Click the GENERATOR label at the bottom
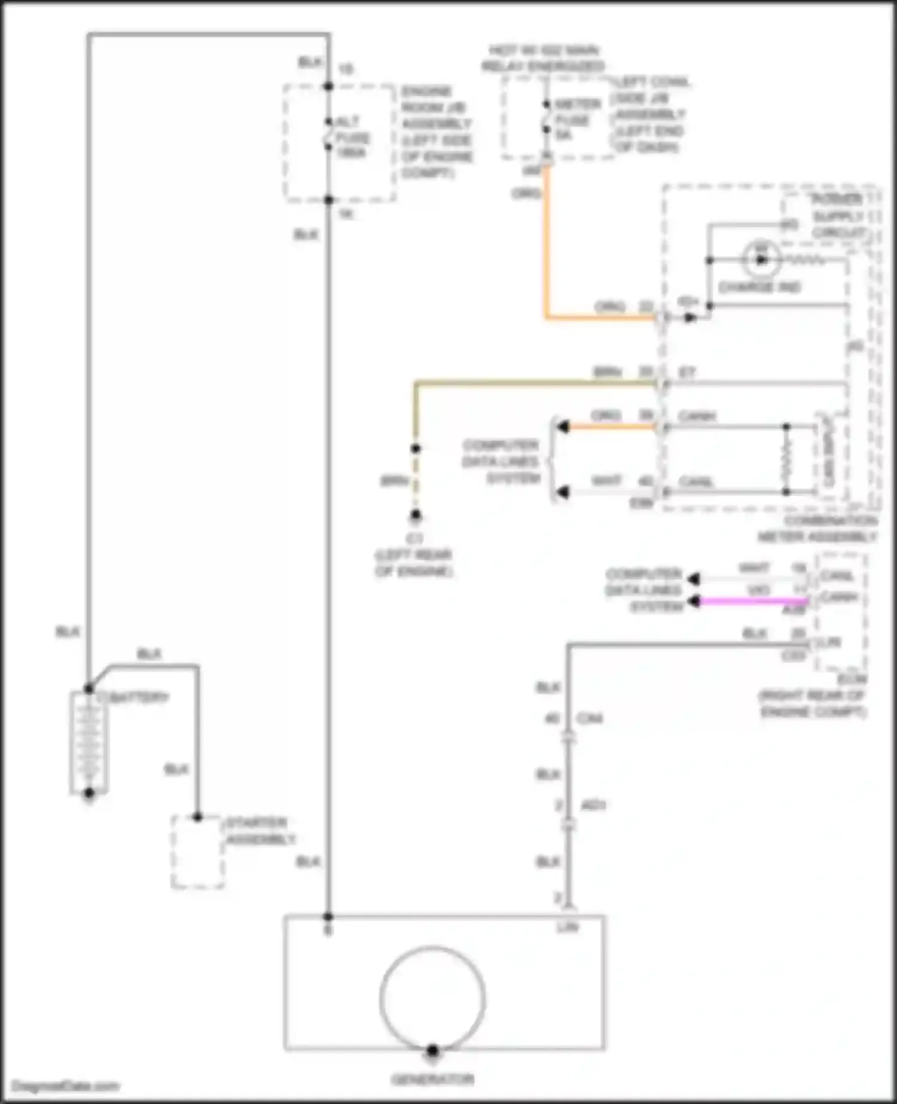[432, 1079]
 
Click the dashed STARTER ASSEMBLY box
[198, 853]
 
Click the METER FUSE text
[576, 120]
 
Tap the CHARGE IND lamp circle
[761, 260]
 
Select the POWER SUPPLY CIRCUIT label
[837, 215]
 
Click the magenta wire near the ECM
[753, 601]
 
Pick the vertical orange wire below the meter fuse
[546, 239]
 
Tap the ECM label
[852, 680]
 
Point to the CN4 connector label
[590, 718]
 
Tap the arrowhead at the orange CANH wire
[563, 426]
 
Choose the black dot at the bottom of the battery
[89, 794]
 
